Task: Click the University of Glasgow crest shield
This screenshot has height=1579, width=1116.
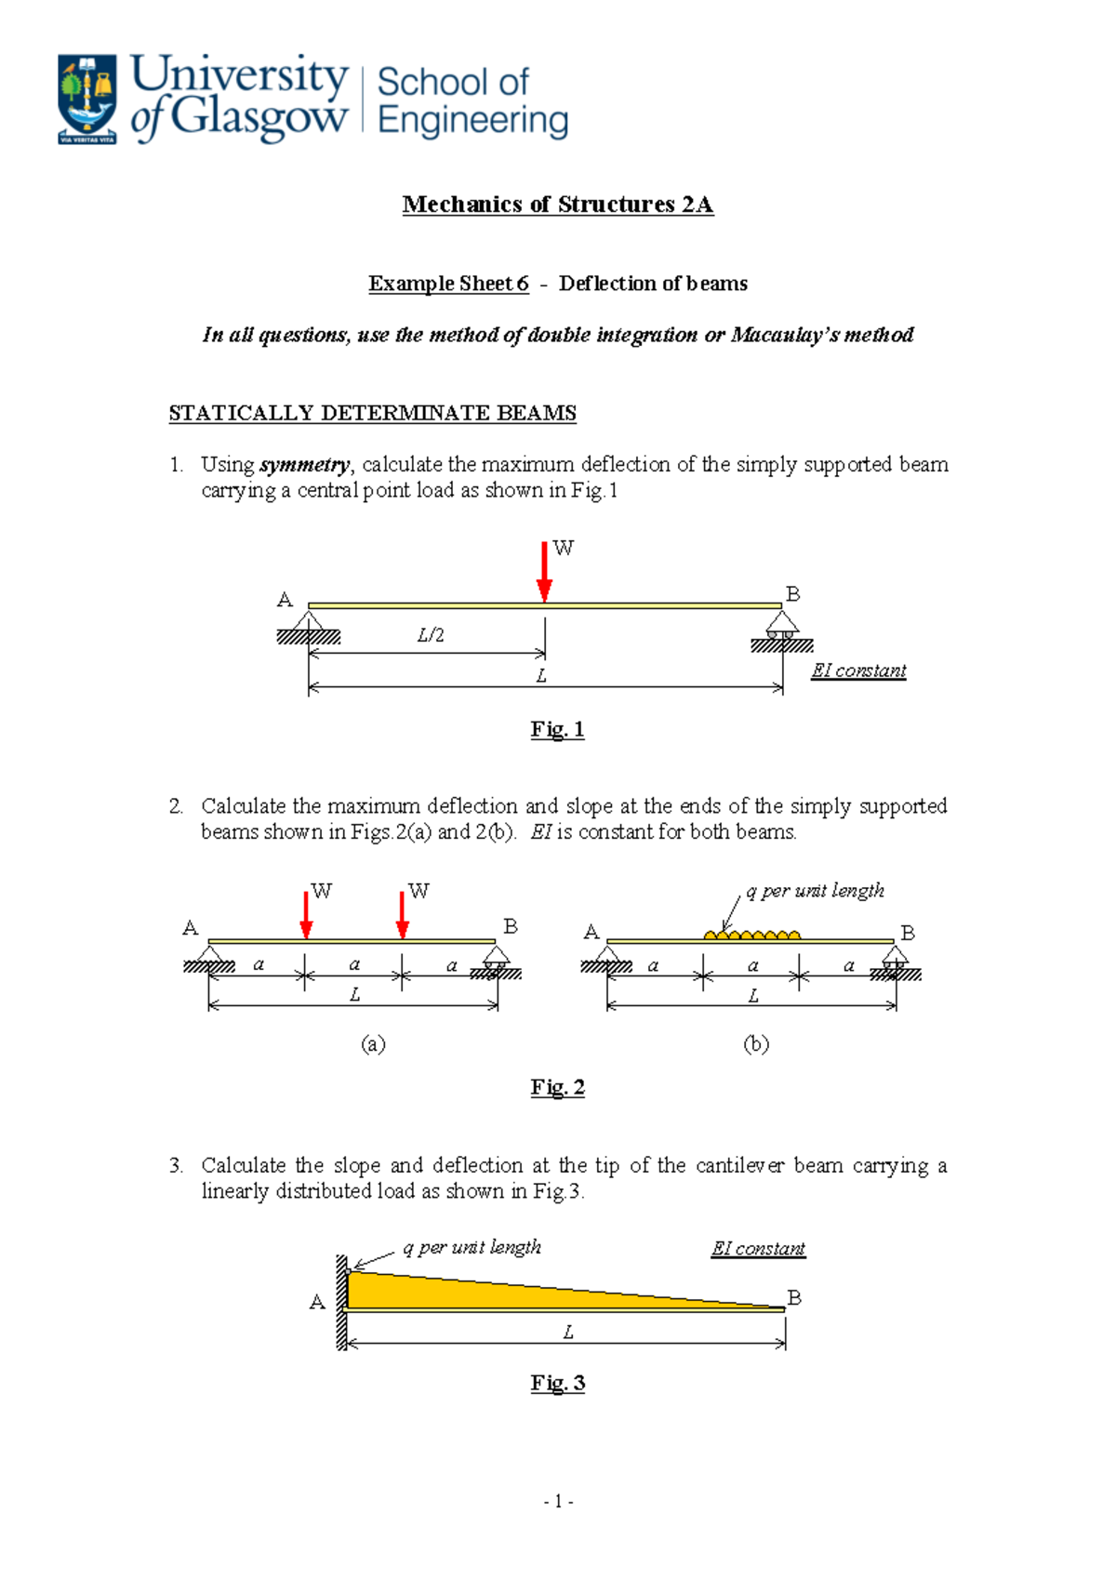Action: click(87, 98)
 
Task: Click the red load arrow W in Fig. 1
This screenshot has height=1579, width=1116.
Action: click(544, 571)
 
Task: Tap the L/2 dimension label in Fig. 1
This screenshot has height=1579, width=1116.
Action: click(431, 635)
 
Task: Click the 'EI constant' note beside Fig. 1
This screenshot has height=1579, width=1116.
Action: click(858, 670)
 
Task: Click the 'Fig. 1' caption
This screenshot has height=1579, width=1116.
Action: click(557, 729)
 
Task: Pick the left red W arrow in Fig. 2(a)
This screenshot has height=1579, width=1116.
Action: click(306, 915)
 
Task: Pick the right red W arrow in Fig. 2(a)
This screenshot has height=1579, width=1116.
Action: click(403, 915)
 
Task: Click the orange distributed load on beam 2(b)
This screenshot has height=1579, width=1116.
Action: click(752, 934)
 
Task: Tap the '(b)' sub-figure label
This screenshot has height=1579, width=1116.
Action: click(756, 1043)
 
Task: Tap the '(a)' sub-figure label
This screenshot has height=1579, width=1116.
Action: click(373, 1043)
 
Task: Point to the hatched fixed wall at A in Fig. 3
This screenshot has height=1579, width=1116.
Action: click(341, 1302)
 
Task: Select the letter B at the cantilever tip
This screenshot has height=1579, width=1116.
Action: click(794, 1296)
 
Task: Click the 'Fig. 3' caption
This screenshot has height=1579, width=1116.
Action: click(557, 1383)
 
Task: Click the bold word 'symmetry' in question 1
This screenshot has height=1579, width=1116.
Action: click(304, 464)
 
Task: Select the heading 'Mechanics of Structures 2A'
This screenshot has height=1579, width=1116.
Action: click(557, 205)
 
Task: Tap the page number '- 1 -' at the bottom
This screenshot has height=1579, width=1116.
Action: click(558, 1501)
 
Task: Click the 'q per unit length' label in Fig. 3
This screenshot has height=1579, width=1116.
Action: click(472, 1247)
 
